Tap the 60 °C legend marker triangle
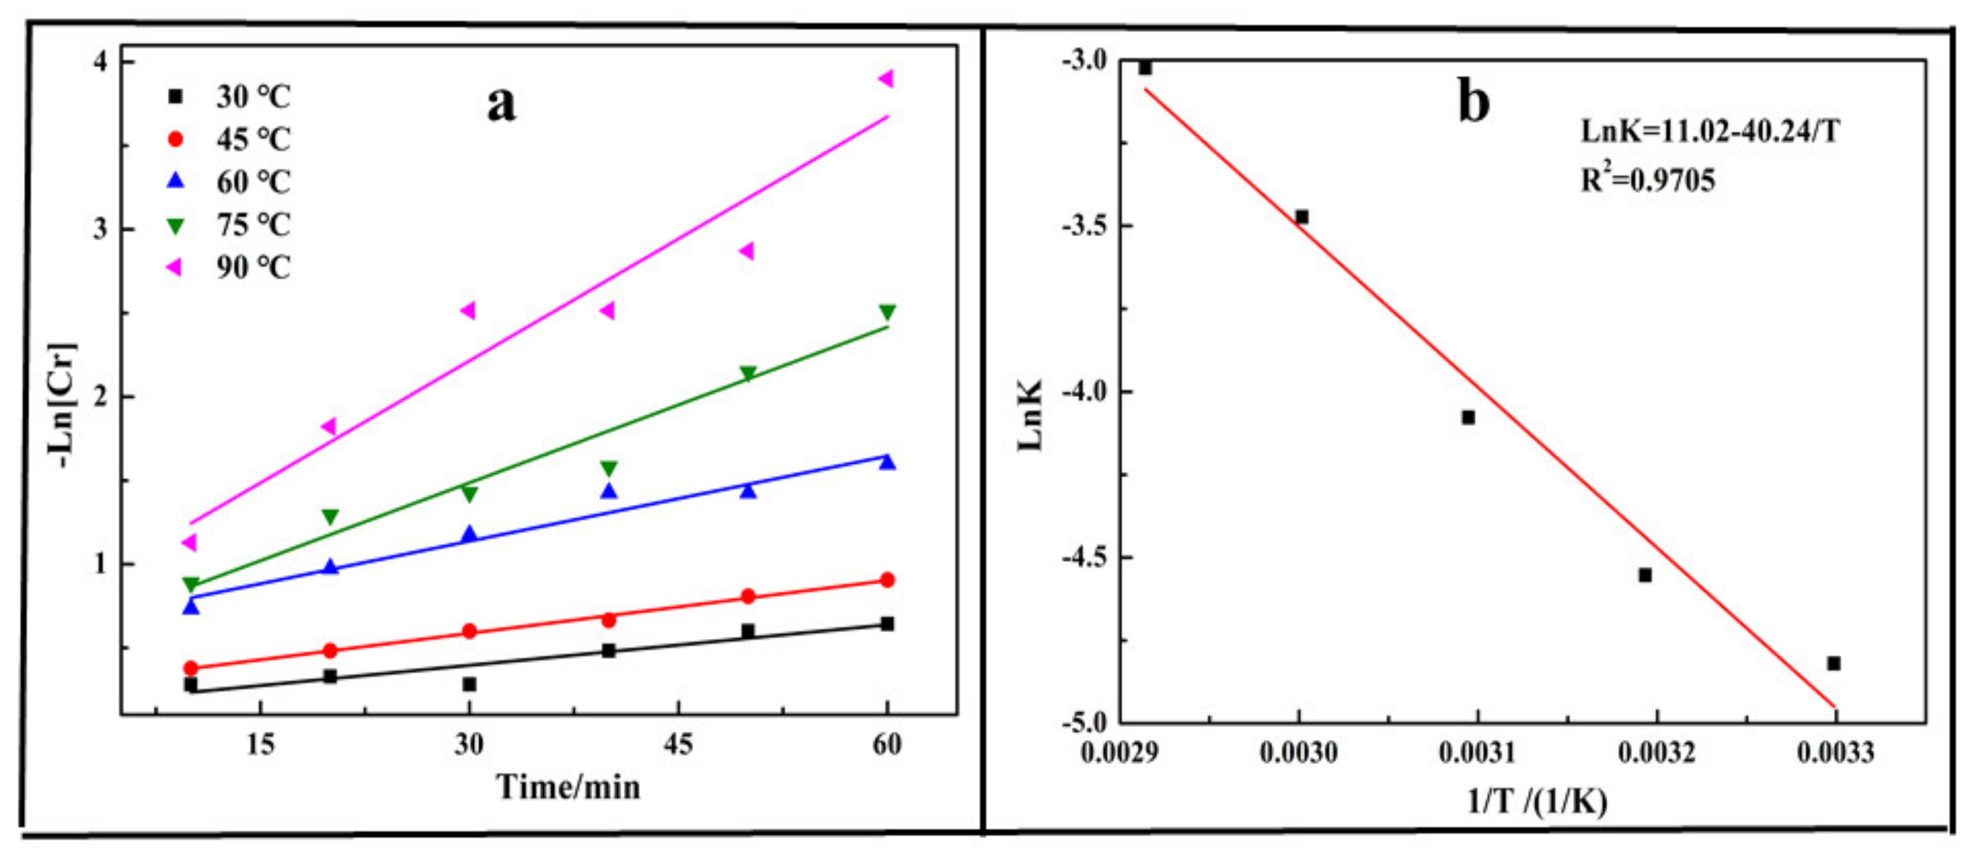click(176, 181)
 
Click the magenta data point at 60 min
click(886, 79)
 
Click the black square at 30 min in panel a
click(469, 684)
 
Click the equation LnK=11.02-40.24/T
click(1710, 132)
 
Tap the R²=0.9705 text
click(1648, 180)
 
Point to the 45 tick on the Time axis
click(678, 744)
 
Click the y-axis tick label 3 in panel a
click(101, 229)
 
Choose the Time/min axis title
click(569, 787)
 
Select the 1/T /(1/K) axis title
click(1537, 802)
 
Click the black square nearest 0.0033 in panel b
click(1834, 663)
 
